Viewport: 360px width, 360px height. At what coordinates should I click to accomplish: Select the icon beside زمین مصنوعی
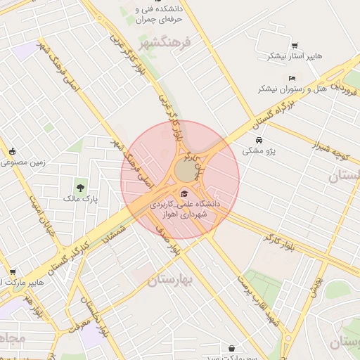pos(12,151)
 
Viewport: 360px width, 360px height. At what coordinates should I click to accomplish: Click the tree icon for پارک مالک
pos(81,188)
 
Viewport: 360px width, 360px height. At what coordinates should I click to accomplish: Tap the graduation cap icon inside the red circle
pos(185,193)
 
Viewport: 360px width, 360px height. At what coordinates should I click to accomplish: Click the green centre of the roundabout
pos(186,171)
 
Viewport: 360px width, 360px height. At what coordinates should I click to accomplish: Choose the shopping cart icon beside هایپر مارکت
pos(12,272)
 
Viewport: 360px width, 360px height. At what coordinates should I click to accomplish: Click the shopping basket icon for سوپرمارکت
pos(232,348)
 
